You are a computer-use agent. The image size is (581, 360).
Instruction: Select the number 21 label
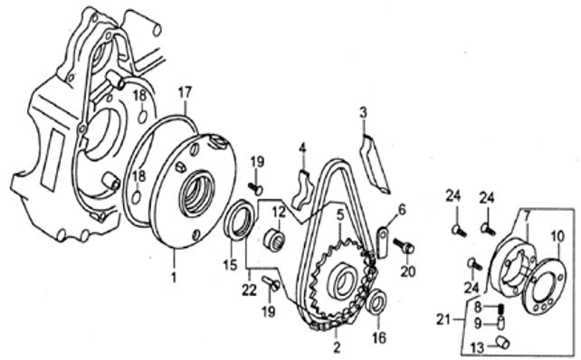pyautogui.click(x=443, y=319)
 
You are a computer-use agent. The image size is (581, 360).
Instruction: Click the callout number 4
pyautogui.click(x=303, y=147)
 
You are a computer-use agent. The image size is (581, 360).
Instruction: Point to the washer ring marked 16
pyautogui.click(x=376, y=302)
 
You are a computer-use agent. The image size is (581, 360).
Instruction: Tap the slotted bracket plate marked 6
pyautogui.click(x=383, y=241)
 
